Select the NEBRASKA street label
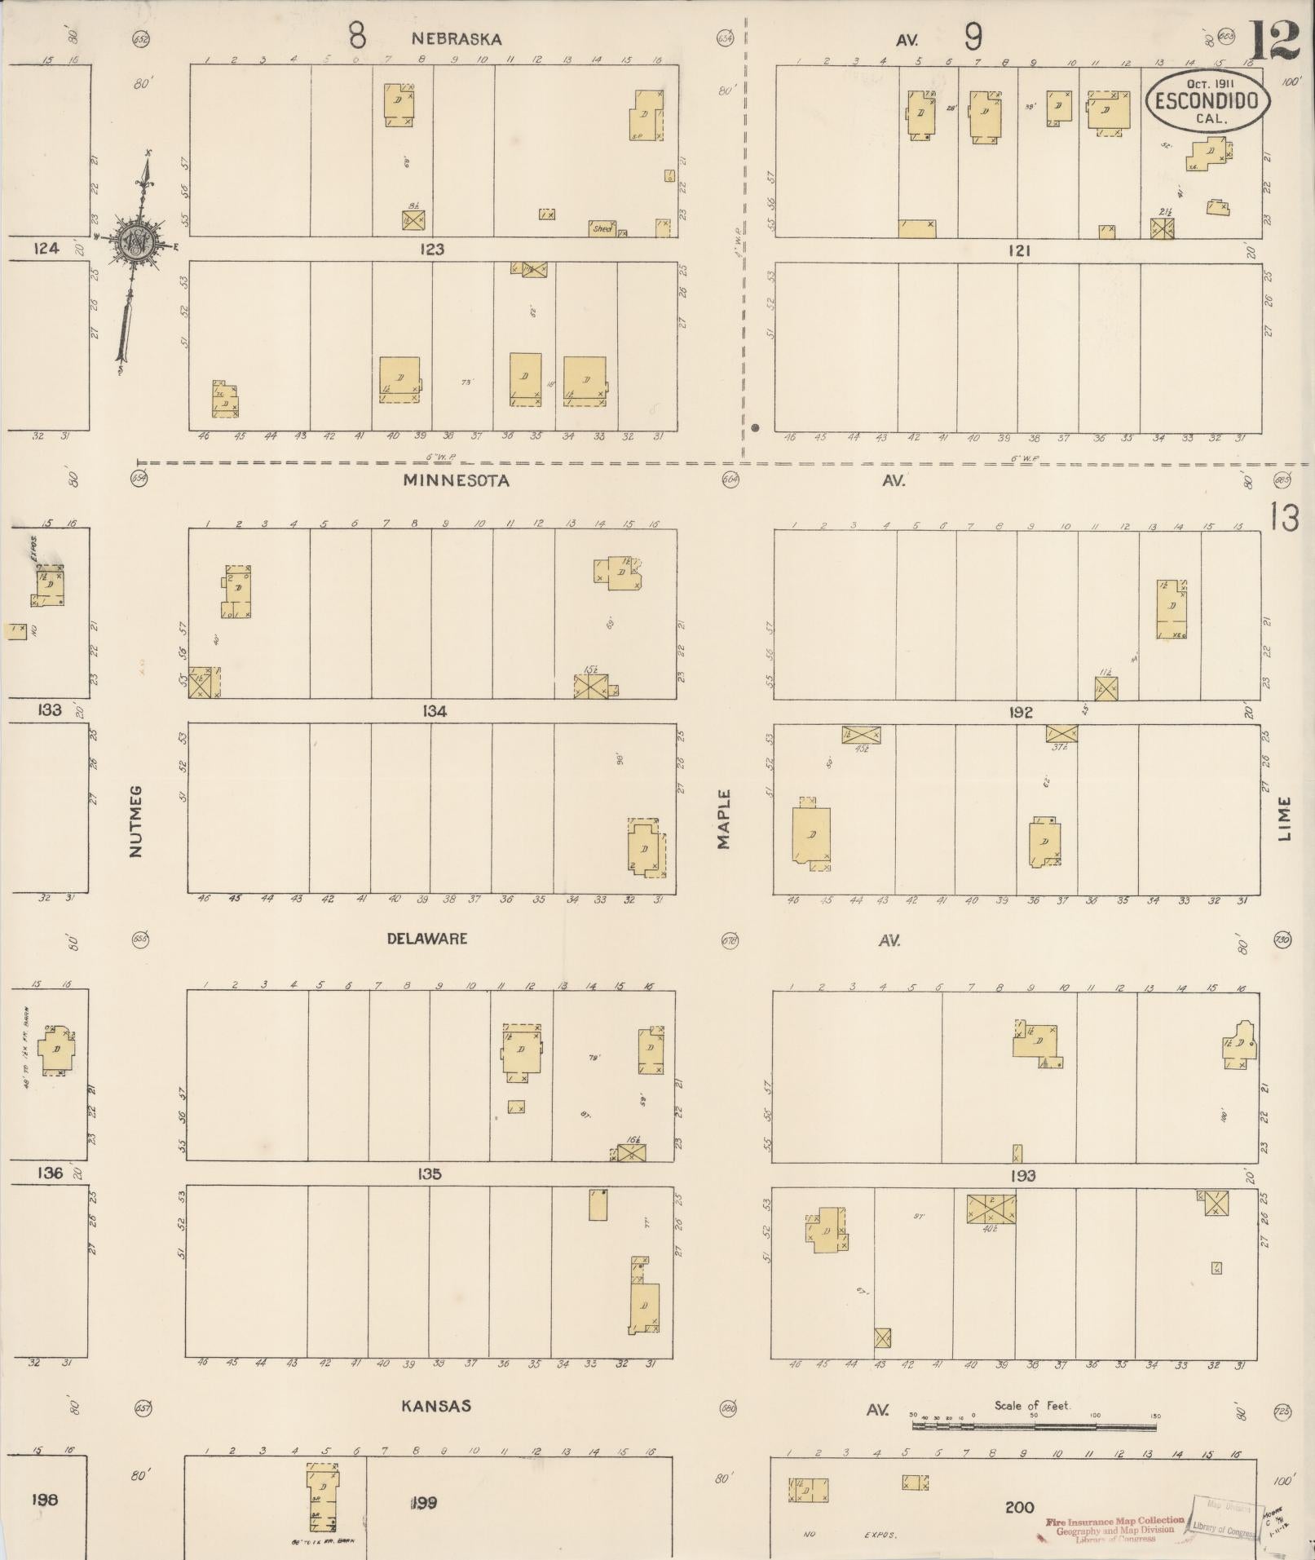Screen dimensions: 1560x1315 coord(456,38)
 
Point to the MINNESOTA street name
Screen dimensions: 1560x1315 coord(456,480)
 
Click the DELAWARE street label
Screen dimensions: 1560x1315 coord(427,939)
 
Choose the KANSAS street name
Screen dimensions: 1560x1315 coord(436,1406)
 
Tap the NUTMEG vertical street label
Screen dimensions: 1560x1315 coord(135,820)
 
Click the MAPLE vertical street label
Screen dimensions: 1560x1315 coord(724,819)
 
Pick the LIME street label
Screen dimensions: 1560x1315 coord(1285,819)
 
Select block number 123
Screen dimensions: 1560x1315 coord(432,250)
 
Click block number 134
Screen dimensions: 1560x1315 coord(435,712)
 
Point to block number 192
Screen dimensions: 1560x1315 coord(1021,712)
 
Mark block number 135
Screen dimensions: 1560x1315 coord(429,1173)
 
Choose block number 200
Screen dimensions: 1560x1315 coord(1019,1508)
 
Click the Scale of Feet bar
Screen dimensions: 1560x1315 coord(1034,1426)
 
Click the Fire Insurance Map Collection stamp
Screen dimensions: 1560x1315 coord(1114,1529)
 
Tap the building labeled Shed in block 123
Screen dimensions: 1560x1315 coord(603,228)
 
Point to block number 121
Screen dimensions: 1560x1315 coord(1019,250)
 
